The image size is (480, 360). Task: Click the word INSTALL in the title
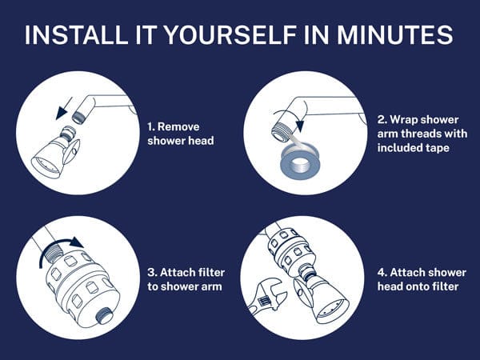[76, 34]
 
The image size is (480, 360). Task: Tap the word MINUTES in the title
[395, 34]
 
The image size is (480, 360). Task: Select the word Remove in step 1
[178, 126]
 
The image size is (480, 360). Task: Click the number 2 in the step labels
[381, 119]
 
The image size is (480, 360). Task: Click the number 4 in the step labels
[382, 272]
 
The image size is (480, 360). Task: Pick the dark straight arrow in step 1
[64, 108]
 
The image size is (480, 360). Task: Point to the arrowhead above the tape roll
[300, 126]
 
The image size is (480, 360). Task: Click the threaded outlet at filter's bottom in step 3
[104, 315]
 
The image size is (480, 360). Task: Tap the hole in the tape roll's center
[300, 166]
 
